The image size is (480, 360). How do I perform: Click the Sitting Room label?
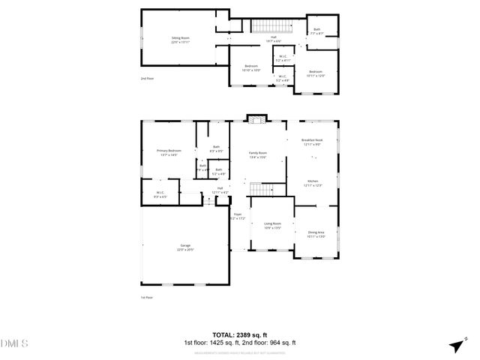(x=180, y=38)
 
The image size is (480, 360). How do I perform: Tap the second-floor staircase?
(x=263, y=28)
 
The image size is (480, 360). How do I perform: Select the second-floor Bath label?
(x=316, y=31)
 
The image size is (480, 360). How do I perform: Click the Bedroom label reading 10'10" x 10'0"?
(x=252, y=68)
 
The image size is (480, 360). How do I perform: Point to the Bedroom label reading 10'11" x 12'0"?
(x=316, y=73)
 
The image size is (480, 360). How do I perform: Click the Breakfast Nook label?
(x=312, y=142)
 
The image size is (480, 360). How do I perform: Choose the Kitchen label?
(x=313, y=183)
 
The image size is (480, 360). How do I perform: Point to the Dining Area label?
(x=316, y=234)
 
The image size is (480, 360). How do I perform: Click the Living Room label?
(x=271, y=225)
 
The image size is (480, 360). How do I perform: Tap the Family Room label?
(x=257, y=154)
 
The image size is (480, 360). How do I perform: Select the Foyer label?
(x=238, y=216)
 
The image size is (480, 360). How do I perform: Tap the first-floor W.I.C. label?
(x=160, y=195)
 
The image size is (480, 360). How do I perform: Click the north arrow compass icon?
(x=455, y=345)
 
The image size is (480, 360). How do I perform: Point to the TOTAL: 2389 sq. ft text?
(x=240, y=334)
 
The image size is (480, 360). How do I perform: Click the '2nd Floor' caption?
(x=148, y=78)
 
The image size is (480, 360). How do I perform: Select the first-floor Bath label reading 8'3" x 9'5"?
(x=217, y=148)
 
